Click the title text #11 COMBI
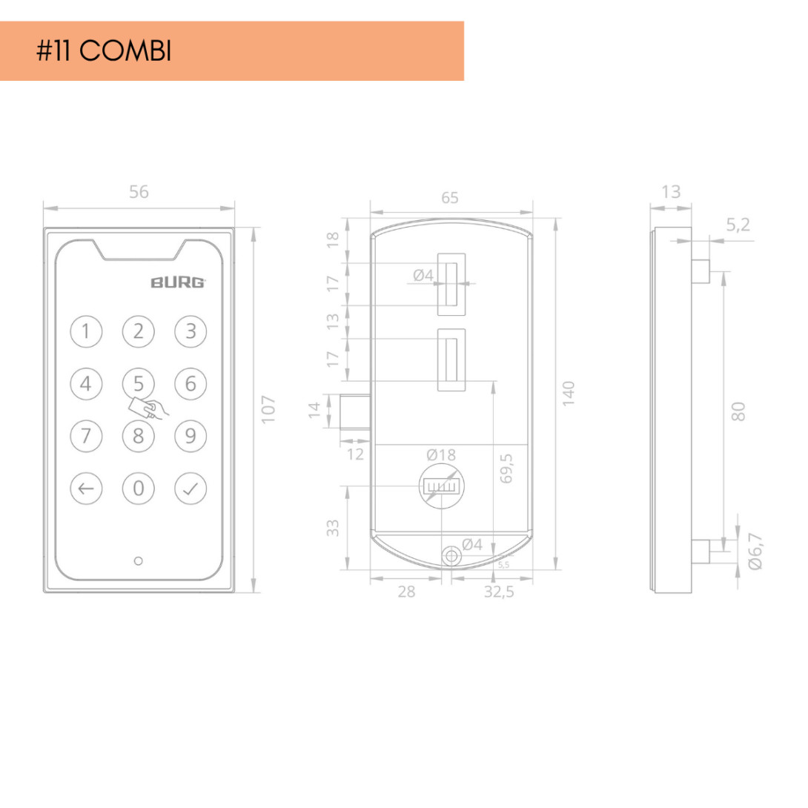(x=104, y=51)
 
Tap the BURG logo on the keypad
(x=178, y=282)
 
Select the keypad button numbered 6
(x=191, y=384)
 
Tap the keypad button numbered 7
(x=86, y=437)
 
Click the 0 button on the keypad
(x=138, y=489)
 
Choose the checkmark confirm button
(x=191, y=489)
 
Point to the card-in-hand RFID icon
(x=148, y=408)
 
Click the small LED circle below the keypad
(x=138, y=561)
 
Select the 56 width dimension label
(x=139, y=192)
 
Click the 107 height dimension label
(x=268, y=410)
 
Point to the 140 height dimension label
(x=568, y=394)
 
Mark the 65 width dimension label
(x=450, y=198)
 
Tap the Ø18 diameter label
(x=441, y=455)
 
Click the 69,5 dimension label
(x=506, y=468)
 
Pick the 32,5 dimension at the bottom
(x=499, y=592)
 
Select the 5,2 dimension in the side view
(x=738, y=225)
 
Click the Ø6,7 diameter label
(x=755, y=552)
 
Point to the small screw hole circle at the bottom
(x=452, y=557)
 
